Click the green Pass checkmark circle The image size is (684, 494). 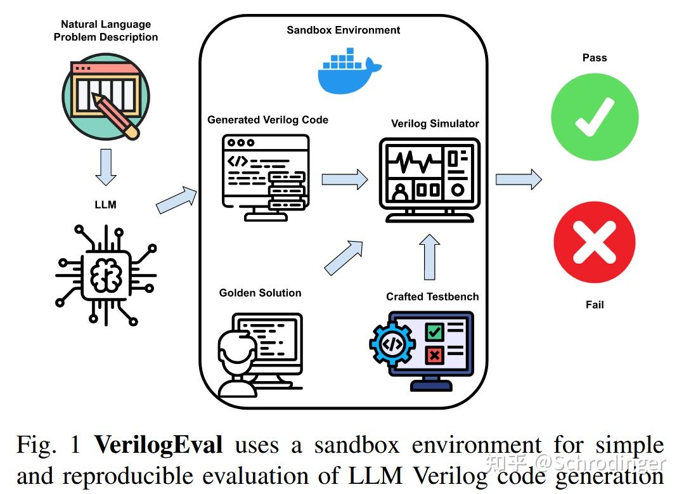point(594,118)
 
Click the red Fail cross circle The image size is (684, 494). point(594,243)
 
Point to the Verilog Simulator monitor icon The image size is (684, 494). point(425,179)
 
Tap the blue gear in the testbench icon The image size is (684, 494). point(392,344)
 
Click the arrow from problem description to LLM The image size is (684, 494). point(105,167)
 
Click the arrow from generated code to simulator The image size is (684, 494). point(344,179)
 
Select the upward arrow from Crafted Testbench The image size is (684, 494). point(430,257)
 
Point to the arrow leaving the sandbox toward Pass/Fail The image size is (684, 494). point(518,179)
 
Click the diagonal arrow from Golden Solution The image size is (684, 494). point(344,257)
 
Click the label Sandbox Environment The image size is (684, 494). point(343,30)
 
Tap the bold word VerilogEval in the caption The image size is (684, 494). point(158,445)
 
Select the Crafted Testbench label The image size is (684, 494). point(432,296)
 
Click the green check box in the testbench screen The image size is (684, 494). point(434,331)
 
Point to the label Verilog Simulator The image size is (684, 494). point(435,124)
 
